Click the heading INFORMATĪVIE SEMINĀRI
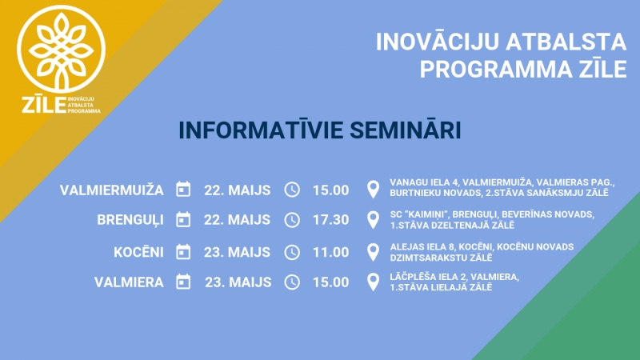(x=320, y=130)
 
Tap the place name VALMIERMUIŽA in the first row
(x=112, y=190)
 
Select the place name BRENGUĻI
(x=130, y=220)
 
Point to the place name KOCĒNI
(x=138, y=252)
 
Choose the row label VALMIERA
(x=129, y=282)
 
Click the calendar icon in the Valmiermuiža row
(x=183, y=190)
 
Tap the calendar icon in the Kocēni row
(x=183, y=252)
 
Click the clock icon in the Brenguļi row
(x=292, y=220)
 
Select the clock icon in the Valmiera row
(x=292, y=282)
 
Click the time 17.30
(x=331, y=220)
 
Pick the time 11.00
(x=331, y=252)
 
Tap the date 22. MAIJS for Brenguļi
(x=237, y=220)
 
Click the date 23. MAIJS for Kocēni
(x=237, y=252)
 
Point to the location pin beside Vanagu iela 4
(x=373, y=190)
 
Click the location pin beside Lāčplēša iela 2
(x=373, y=282)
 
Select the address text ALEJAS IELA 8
(x=422, y=247)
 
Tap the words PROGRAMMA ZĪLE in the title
(x=523, y=70)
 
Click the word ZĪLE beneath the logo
(x=44, y=106)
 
